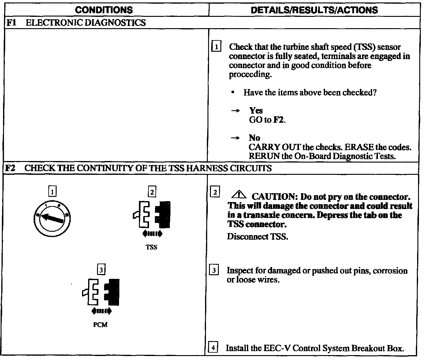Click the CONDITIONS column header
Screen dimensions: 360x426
(104, 10)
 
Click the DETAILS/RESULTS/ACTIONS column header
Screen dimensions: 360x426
(314, 10)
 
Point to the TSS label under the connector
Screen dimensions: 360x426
(151, 247)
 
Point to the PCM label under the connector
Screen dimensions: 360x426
(100, 325)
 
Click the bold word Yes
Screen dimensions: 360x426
(256, 111)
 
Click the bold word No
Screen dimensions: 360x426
(254, 138)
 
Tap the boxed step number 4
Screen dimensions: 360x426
(213, 348)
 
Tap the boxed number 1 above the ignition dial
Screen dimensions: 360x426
(53, 192)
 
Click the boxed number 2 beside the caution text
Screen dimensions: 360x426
(215, 193)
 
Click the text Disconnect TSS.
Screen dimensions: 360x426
(257, 237)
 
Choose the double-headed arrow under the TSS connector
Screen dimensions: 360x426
(152, 234)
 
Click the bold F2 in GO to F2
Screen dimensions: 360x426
(278, 120)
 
